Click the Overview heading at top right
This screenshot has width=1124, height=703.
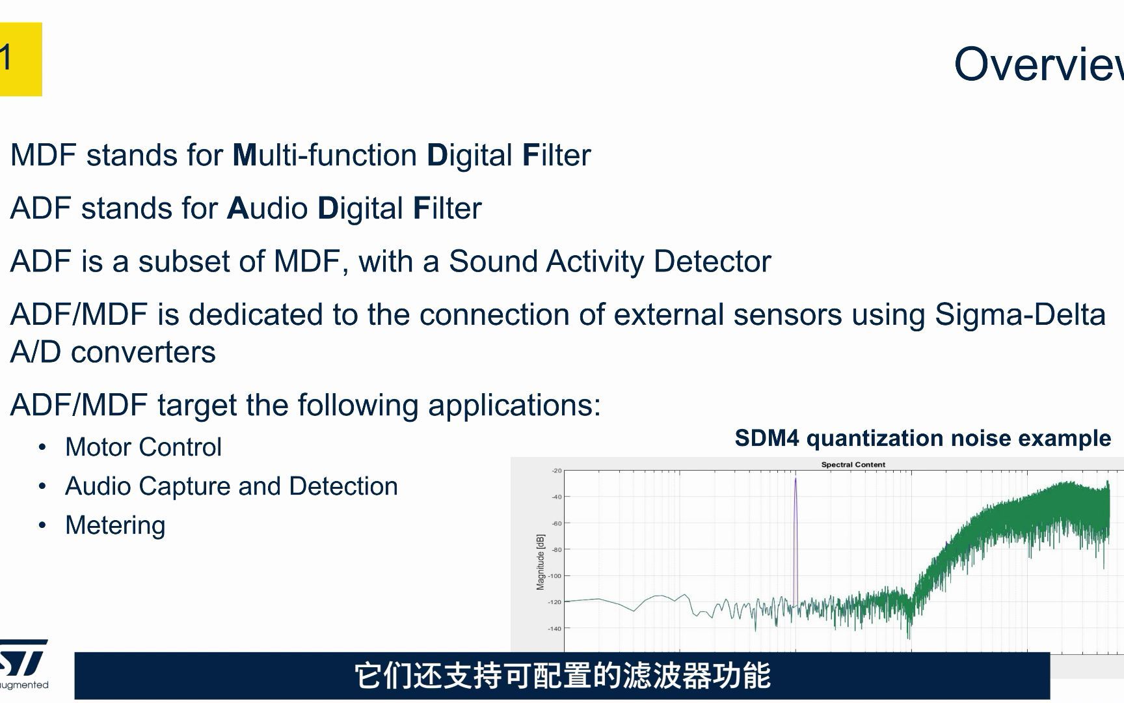click(1038, 64)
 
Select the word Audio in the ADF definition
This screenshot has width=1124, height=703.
click(267, 209)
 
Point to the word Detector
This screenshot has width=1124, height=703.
click(712, 262)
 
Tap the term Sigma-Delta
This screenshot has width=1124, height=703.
click(1019, 315)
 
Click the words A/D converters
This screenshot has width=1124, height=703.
click(113, 352)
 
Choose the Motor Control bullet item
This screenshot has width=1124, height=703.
click(143, 447)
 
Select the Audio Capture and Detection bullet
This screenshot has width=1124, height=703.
click(231, 486)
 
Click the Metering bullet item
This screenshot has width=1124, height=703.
click(115, 525)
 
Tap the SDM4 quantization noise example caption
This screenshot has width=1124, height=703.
click(922, 438)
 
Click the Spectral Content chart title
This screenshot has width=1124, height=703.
click(853, 465)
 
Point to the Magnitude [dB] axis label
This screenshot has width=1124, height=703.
click(541, 562)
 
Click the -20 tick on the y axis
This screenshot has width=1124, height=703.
click(556, 471)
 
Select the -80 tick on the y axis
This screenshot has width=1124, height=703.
click(556, 549)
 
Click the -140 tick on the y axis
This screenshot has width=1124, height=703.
click(554, 629)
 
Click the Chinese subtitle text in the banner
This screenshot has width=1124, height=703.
click(562, 676)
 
